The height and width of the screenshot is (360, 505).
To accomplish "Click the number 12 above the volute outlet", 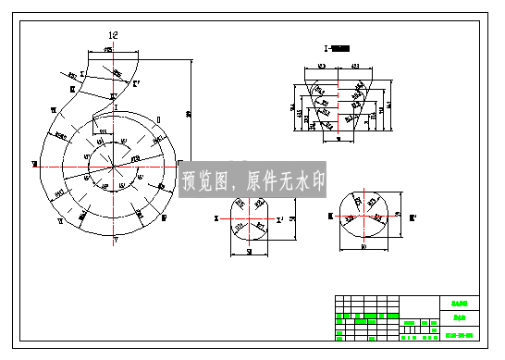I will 114,34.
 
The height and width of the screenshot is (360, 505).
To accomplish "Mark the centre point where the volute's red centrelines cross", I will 115,168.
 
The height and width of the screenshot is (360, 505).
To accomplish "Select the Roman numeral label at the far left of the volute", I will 34,164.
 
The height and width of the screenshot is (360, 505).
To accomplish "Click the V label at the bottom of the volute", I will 116,239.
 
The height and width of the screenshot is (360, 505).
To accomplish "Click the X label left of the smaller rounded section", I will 216,218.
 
